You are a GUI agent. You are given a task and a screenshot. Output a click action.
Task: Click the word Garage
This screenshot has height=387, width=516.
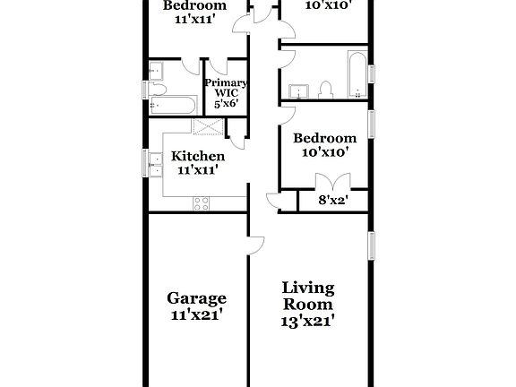pos(196,298)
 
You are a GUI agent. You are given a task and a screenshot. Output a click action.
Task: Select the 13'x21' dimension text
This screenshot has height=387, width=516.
pos(308,320)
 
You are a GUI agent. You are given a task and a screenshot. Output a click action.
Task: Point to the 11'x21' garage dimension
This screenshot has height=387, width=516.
pos(196,314)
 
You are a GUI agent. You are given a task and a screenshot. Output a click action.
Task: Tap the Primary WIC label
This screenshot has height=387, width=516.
pos(224,88)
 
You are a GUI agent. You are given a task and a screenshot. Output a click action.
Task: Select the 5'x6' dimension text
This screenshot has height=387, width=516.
pos(224,103)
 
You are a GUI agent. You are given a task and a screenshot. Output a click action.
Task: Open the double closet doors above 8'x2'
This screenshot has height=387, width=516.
pos(332,184)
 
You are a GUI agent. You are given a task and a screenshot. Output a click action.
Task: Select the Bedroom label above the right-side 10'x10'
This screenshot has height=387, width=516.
pos(325,138)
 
